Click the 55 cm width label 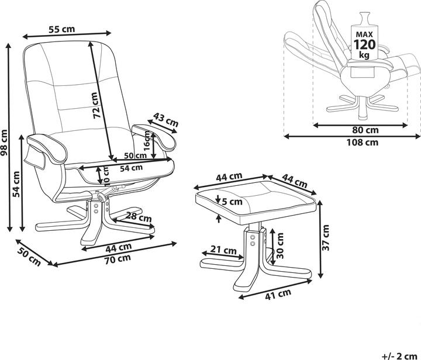[62, 29]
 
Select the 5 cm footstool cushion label [233, 202]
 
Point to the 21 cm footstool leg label [223, 251]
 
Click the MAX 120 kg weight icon [364, 41]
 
